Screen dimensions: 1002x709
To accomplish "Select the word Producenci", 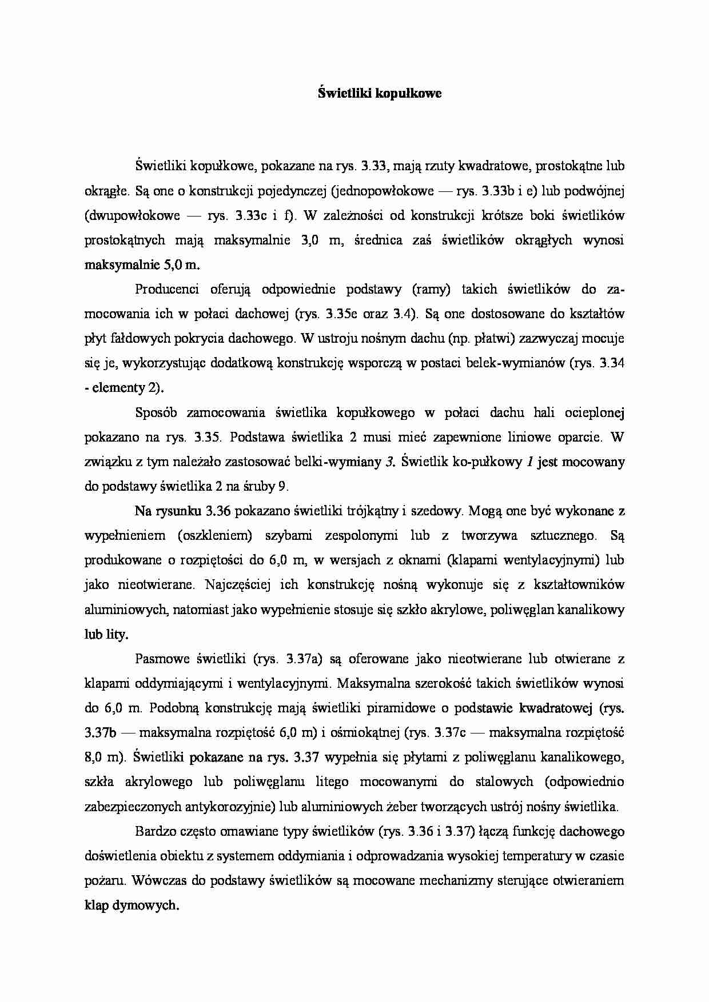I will pos(166,289).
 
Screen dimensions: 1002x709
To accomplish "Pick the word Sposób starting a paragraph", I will pos(156,412).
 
